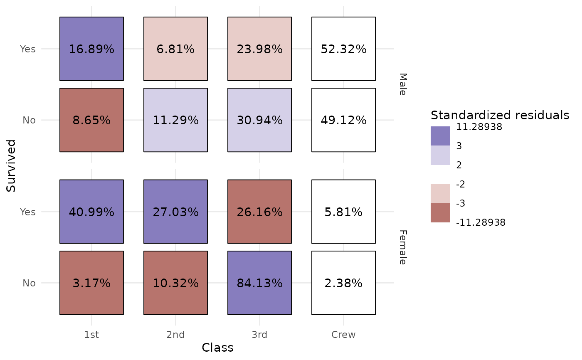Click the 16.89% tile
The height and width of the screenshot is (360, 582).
pyautogui.click(x=91, y=49)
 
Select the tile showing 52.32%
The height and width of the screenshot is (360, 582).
pyautogui.click(x=343, y=49)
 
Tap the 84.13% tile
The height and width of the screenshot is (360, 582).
pyautogui.click(x=259, y=283)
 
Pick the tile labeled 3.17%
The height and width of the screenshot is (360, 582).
pyautogui.click(x=91, y=283)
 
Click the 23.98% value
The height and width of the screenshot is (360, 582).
pyautogui.click(x=259, y=49)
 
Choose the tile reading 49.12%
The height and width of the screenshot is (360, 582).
pyautogui.click(x=343, y=120)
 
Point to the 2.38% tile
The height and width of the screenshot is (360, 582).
pyautogui.click(x=343, y=283)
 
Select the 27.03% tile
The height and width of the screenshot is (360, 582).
pyautogui.click(x=175, y=212)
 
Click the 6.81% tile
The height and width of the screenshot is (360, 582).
pyautogui.click(x=175, y=49)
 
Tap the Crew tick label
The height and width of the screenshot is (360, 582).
pyautogui.click(x=343, y=335)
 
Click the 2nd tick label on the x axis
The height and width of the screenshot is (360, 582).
pyautogui.click(x=175, y=335)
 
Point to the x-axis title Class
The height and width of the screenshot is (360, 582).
pyautogui.click(x=217, y=348)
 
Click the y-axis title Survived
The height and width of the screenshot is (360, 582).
pyautogui.click(x=12, y=166)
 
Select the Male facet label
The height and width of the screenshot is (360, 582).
pyautogui.click(x=402, y=84)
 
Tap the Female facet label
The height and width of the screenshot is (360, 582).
pyautogui.click(x=402, y=247)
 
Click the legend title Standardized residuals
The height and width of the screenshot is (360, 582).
pyautogui.click(x=500, y=115)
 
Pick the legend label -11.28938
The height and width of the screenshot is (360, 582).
pyautogui.click(x=481, y=223)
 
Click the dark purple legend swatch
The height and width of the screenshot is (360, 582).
pyautogui.click(x=440, y=136)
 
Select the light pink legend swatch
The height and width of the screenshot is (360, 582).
pyautogui.click(x=440, y=194)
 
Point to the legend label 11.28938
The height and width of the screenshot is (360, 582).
pyautogui.click(x=479, y=127)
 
